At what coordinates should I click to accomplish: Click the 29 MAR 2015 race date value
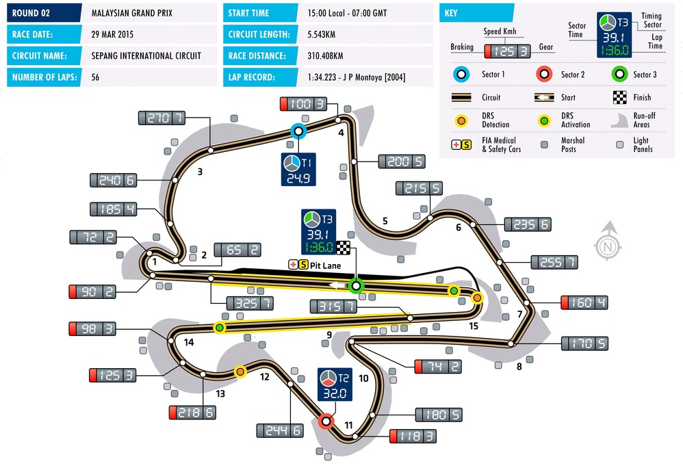[112, 34]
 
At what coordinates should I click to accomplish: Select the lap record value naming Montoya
[357, 77]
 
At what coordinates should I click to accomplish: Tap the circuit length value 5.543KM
[322, 34]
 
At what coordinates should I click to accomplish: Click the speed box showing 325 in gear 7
[250, 303]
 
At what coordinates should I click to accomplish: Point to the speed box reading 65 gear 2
[237, 250]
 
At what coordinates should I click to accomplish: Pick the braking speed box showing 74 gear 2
[438, 367]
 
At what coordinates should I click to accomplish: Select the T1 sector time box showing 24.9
[298, 170]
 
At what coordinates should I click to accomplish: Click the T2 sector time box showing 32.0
[335, 384]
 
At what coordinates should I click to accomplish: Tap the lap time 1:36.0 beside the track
[320, 248]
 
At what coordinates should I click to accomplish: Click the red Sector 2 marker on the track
[325, 421]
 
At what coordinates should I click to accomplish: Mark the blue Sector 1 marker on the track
[298, 131]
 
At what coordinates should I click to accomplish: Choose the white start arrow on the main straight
[338, 285]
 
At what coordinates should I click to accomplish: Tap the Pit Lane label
[325, 265]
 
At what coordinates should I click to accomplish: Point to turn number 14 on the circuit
[189, 342]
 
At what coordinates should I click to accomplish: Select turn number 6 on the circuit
[459, 227]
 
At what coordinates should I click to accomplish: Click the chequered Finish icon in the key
[620, 98]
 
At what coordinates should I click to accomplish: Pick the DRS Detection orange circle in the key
[461, 120]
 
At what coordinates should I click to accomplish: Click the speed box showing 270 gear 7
[162, 118]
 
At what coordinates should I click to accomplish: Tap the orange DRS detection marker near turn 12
[240, 372]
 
